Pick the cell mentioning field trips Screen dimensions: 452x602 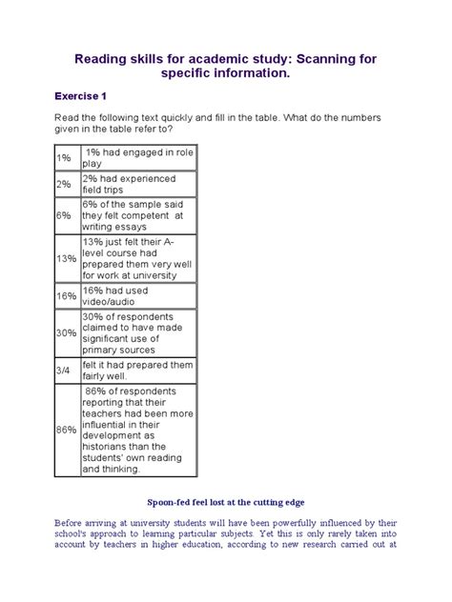click(x=113, y=184)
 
